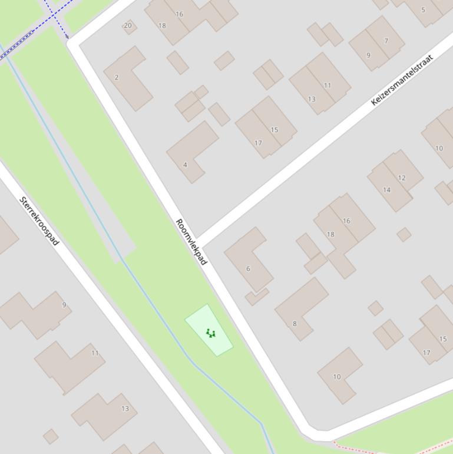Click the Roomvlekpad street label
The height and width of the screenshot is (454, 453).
(x=191, y=242)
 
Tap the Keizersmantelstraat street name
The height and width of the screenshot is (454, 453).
(x=402, y=80)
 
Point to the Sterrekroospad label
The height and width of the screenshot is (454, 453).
(x=39, y=221)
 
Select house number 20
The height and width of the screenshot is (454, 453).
(x=128, y=25)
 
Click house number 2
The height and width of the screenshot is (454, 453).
(x=117, y=77)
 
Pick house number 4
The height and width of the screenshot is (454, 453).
(x=185, y=165)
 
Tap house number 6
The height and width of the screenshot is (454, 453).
(x=248, y=269)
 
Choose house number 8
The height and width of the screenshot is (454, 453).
(x=295, y=323)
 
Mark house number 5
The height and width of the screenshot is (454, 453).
(x=423, y=10)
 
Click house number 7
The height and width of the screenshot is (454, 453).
(x=386, y=41)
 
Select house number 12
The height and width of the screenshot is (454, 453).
(x=402, y=178)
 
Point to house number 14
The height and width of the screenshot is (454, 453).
(x=386, y=190)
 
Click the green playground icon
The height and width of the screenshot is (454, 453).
(x=210, y=333)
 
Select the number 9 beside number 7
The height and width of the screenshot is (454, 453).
(x=369, y=55)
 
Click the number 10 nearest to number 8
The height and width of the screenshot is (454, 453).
(x=337, y=377)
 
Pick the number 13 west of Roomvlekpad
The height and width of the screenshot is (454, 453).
(x=125, y=409)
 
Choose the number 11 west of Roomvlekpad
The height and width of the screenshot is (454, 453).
(x=95, y=353)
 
